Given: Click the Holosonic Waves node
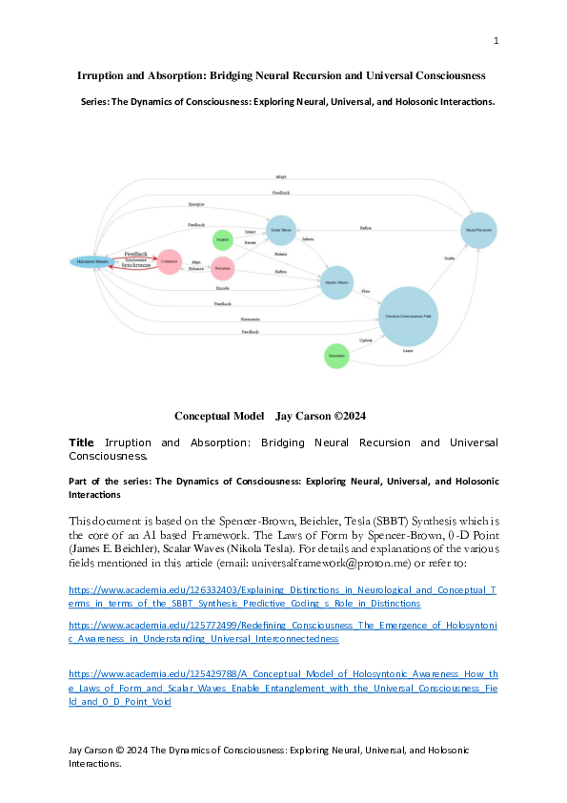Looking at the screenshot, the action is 92,261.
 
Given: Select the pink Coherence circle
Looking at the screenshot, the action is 170,260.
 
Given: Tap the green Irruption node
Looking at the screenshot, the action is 223,239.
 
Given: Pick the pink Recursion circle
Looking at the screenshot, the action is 222,270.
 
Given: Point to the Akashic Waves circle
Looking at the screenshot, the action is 336,282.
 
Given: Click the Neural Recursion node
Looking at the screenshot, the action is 478,231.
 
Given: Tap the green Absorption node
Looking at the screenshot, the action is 336,355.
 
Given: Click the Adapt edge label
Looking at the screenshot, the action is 280,177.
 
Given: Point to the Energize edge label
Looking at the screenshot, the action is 195,205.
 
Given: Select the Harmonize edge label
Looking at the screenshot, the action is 251,319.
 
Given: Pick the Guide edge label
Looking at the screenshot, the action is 448,258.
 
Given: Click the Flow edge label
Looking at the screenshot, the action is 365,291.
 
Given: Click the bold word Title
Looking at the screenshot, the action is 82,443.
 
